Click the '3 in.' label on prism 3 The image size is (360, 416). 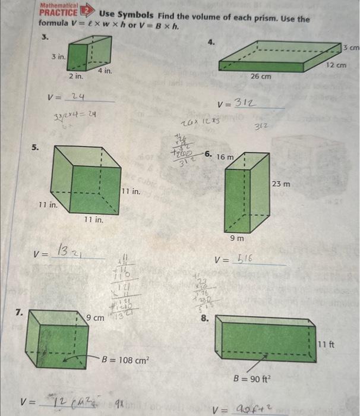[x=58, y=57]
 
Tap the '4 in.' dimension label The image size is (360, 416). [x=105, y=71]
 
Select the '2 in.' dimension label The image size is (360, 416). [x=75, y=77]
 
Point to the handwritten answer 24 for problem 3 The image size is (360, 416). [x=77, y=96]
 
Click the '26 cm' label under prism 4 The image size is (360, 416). [x=261, y=76]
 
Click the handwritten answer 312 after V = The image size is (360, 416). [x=245, y=104]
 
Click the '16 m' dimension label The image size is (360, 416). [x=225, y=157]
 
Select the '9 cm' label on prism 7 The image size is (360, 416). [x=95, y=318]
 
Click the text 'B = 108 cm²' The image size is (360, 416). [x=125, y=360]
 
